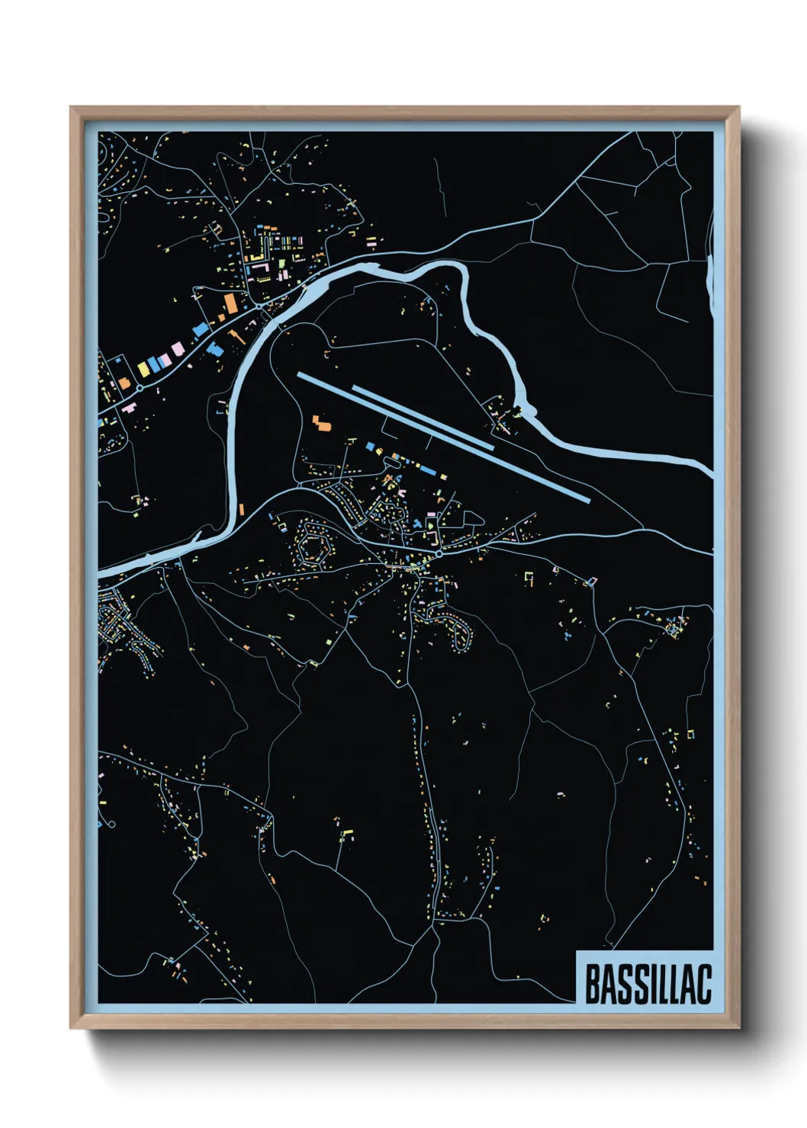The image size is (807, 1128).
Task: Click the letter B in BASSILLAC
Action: (592, 984)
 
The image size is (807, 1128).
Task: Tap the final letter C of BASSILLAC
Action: (703, 984)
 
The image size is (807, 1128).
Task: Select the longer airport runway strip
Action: (442, 437)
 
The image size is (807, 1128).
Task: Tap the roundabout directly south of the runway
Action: (439, 554)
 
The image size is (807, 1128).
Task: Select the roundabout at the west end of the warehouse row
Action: (140, 388)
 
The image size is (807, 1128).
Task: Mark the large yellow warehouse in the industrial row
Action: (143, 369)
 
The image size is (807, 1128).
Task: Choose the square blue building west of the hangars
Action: (371, 446)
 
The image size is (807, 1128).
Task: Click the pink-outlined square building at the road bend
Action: (590, 582)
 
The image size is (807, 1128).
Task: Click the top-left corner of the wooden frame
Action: (71, 107)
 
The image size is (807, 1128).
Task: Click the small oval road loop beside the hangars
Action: (473, 519)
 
